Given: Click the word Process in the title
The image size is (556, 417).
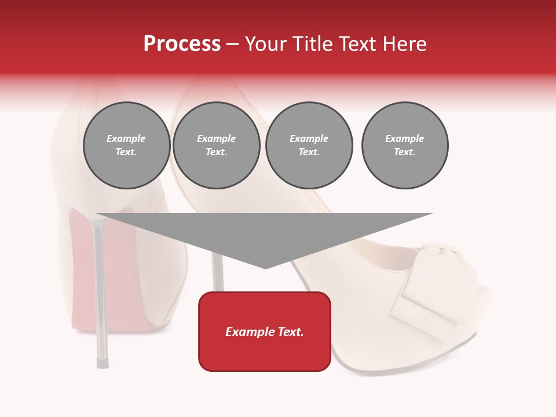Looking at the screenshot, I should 182,44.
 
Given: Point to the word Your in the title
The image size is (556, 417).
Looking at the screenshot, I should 266,44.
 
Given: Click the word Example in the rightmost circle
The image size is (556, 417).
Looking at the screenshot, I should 405,138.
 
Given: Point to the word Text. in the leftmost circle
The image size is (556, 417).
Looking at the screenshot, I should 126,152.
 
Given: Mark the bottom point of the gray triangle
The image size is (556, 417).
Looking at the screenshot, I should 265,267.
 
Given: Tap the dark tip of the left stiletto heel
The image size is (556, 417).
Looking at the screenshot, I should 102,363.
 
